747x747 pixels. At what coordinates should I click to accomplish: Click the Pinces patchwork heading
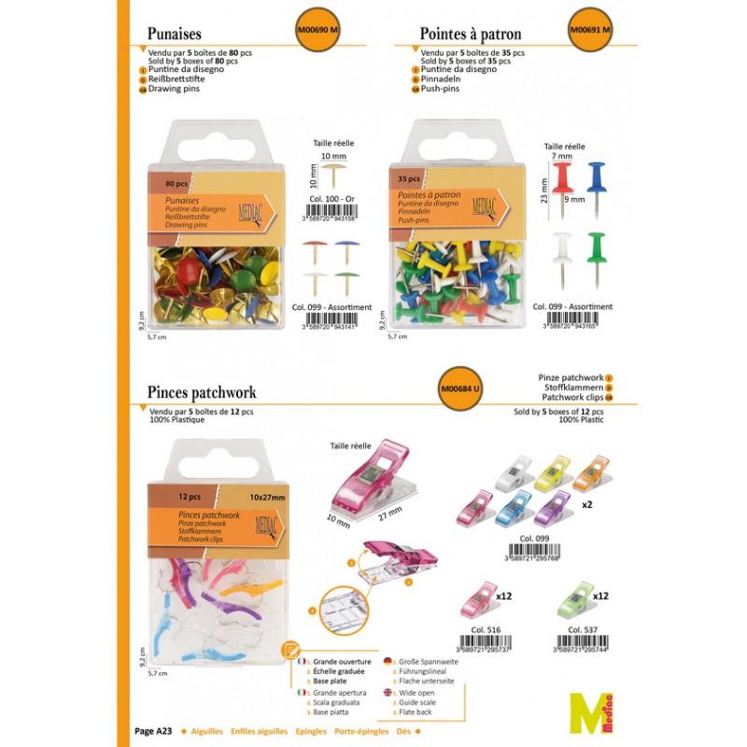click(x=202, y=393)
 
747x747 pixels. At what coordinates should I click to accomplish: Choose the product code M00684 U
click(x=458, y=388)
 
